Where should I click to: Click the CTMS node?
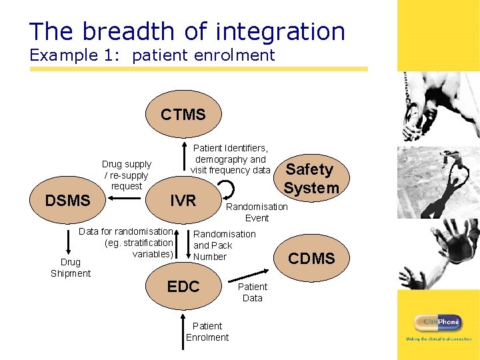tap(183, 115)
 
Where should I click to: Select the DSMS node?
tap(67, 200)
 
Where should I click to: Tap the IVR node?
tap(183, 200)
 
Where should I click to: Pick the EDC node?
tap(183, 287)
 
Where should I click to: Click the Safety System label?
tap(311, 179)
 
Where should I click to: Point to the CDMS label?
tap(311, 259)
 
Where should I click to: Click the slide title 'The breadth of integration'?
tap(187, 31)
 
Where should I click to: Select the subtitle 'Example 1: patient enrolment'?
tap(152, 55)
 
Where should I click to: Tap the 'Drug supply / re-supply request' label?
tap(127, 175)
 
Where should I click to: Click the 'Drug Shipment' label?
tap(71, 268)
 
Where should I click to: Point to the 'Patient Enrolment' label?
tap(207, 331)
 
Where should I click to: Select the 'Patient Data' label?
tap(252, 292)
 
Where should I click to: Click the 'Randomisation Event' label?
tap(257, 212)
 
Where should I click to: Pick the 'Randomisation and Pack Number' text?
tap(224, 245)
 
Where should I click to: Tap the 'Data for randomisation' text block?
tap(127, 243)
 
